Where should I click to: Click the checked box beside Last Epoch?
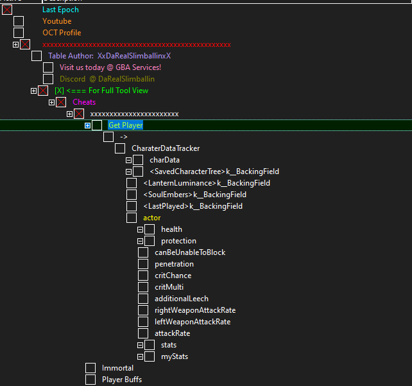click(x=7, y=10)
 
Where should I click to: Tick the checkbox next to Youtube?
click(x=19, y=21)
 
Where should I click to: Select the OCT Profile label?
click(x=62, y=33)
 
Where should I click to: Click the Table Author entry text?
click(x=109, y=56)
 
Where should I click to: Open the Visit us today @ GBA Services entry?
click(x=110, y=67)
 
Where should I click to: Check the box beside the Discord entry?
click(x=48, y=79)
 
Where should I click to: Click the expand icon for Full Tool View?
click(x=33, y=91)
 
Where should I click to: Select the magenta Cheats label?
click(x=84, y=102)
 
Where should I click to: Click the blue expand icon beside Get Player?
click(x=87, y=125)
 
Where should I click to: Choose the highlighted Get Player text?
click(x=126, y=125)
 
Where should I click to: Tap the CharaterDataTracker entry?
click(x=166, y=148)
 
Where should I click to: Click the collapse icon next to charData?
click(x=128, y=160)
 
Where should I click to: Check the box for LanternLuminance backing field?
click(x=132, y=183)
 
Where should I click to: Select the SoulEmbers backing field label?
click(x=194, y=195)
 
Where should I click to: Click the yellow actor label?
click(x=152, y=218)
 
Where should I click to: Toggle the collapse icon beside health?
click(x=140, y=229)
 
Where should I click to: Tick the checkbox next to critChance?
click(x=143, y=276)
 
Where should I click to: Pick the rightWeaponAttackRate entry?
click(x=195, y=310)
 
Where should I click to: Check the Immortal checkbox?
click(x=90, y=368)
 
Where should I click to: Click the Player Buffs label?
click(x=122, y=380)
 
